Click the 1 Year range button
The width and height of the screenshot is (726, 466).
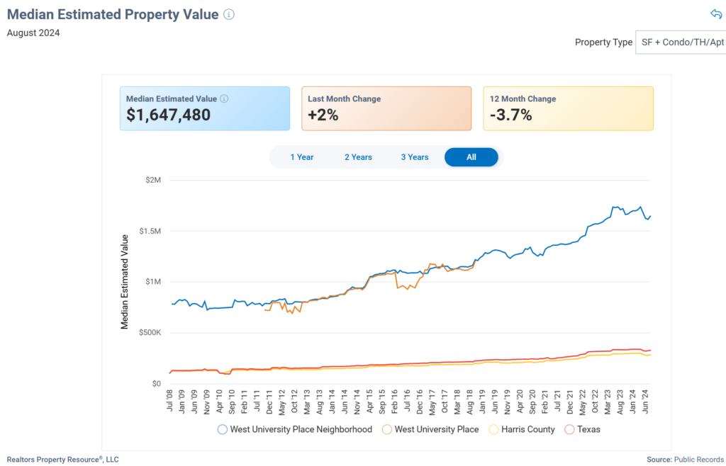[x=301, y=157]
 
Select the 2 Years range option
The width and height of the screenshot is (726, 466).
[x=358, y=157]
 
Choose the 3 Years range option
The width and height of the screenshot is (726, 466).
[x=415, y=157]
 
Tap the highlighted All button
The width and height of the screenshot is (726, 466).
[x=471, y=157]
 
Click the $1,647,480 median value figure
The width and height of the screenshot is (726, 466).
[x=168, y=115]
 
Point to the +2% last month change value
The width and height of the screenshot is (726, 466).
[x=323, y=115]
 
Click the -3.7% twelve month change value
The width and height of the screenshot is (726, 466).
[x=510, y=115]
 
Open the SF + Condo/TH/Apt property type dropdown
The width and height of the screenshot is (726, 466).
[x=680, y=42]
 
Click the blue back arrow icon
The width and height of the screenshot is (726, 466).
[x=715, y=14]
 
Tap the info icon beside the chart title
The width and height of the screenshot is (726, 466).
[x=228, y=14]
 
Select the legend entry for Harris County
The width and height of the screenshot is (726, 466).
[x=527, y=429]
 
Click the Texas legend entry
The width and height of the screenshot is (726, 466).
[x=588, y=429]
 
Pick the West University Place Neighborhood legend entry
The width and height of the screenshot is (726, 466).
[x=301, y=429]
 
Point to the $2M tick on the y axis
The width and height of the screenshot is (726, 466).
[x=153, y=181]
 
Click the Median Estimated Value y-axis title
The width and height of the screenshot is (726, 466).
[x=125, y=282]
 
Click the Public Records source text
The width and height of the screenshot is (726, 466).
[x=698, y=460]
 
